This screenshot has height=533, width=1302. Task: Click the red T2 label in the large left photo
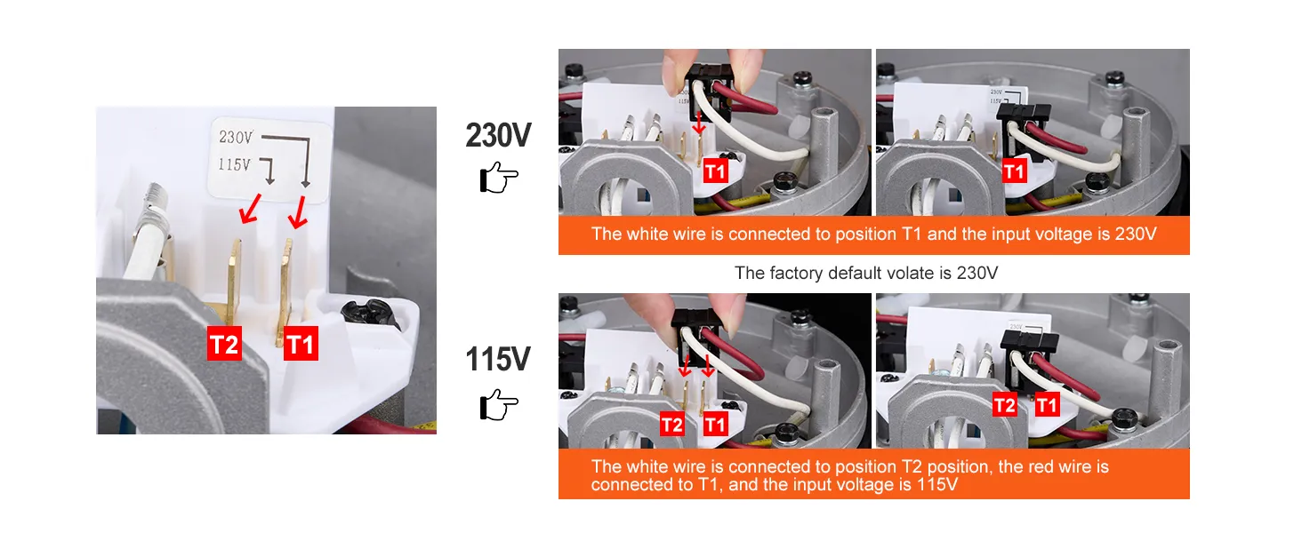224,344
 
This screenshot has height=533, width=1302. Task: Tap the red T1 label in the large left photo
301,344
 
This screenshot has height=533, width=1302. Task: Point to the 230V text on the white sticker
236,137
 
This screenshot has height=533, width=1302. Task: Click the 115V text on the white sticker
234,165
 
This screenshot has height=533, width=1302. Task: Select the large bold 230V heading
498,135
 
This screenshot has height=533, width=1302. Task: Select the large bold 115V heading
498,359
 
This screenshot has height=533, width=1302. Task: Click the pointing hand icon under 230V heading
498,177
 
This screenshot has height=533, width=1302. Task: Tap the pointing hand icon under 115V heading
498,405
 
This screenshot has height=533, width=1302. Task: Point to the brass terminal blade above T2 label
234,282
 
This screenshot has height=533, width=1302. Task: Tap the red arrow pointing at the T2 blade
251,209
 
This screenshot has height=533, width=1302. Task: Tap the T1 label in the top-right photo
1014,171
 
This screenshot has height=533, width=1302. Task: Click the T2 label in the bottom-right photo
1004,405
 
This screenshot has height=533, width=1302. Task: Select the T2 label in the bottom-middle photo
671,425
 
